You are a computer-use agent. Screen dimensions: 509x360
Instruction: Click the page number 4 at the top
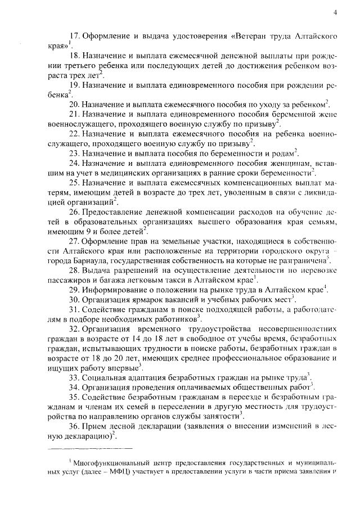[x=334, y=12]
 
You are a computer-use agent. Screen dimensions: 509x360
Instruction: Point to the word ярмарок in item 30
[x=145, y=301]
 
